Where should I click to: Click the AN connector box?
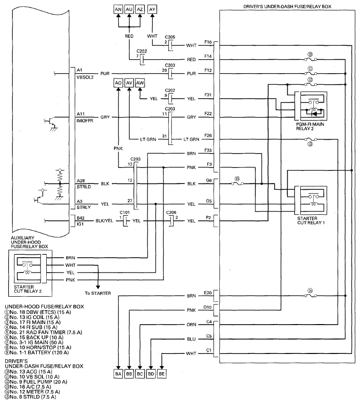[x=118, y=10]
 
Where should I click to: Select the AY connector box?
[x=152, y=10]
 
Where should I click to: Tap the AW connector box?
[x=140, y=83]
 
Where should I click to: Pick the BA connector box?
[x=118, y=374]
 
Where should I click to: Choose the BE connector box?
[x=161, y=374]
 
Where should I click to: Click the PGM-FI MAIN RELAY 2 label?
[x=310, y=126]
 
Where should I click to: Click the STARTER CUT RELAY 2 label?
[x=27, y=289]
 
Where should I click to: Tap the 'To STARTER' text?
[x=98, y=293]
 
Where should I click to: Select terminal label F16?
[x=208, y=42]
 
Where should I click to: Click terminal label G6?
[x=209, y=180]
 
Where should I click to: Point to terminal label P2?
[x=209, y=218]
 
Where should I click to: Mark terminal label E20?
[x=208, y=293]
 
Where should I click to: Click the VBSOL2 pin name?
[x=85, y=77]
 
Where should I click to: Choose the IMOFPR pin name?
[x=85, y=120]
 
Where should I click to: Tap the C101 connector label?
[x=124, y=212]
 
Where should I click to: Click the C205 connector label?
[x=170, y=37]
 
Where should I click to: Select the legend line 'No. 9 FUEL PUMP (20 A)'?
[x=36, y=382]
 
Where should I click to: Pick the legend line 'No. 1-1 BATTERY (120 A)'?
[x=37, y=353]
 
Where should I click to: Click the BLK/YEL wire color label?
[x=104, y=221]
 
